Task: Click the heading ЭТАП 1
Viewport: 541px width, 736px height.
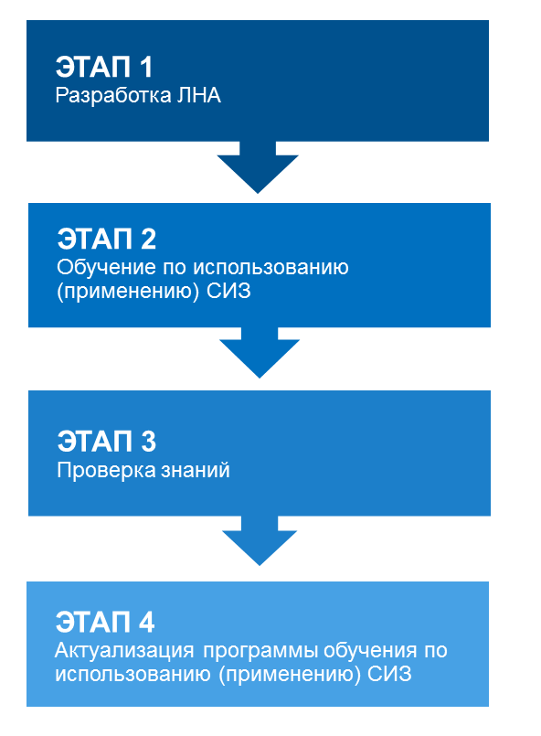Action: pos(104,67)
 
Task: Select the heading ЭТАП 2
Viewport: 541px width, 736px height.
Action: pos(107,239)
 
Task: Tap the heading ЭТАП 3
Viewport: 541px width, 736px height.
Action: pos(107,442)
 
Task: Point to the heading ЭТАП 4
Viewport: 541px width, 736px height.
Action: pos(105,622)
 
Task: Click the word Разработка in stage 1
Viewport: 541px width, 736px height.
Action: pos(113,96)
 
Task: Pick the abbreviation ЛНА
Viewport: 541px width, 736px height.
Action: pos(199,96)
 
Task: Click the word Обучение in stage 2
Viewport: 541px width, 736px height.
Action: pos(107,268)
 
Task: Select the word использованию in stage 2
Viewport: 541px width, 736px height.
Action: pos(270,268)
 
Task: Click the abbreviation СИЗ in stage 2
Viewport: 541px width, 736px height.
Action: pos(228,291)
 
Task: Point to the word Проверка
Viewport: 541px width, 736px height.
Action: pos(106,470)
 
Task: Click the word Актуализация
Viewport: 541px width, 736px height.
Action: pos(124,651)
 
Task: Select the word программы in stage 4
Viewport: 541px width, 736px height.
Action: pos(260,652)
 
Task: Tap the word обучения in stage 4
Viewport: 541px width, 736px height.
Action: pos(370,651)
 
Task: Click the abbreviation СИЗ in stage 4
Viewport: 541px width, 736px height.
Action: pos(389,674)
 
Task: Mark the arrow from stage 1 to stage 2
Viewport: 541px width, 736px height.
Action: pos(258,166)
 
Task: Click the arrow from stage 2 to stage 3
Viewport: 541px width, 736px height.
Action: pos(260,352)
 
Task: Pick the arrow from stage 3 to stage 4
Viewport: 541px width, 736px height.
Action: pos(260,540)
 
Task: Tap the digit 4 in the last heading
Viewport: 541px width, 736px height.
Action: pos(146,622)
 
